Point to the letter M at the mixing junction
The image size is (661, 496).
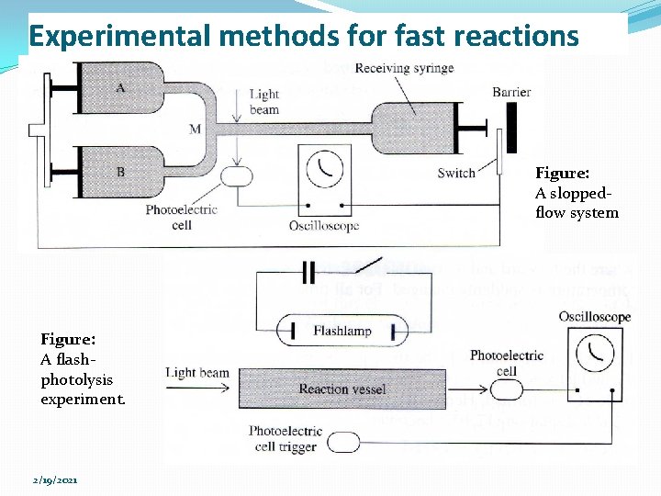[195, 130]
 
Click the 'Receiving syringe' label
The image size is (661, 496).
[404, 68]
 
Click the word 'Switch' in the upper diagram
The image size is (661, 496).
[456, 173]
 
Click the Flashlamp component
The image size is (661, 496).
[341, 331]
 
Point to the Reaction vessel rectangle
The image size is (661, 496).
[342, 389]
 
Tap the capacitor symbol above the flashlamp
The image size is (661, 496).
[308, 272]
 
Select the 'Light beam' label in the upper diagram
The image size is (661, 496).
[263, 102]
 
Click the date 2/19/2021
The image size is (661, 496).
[55, 480]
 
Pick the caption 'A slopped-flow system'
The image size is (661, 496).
[576, 193]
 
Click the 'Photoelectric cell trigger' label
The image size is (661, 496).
[286, 438]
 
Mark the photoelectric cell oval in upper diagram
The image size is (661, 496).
[238, 175]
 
